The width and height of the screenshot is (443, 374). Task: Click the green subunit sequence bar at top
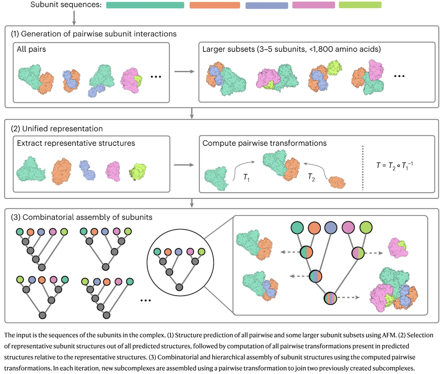[145, 5]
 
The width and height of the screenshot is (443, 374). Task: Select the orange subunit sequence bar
[215, 5]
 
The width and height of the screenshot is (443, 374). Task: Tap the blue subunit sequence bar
[266, 5]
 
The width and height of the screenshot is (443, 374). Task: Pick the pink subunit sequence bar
[314, 5]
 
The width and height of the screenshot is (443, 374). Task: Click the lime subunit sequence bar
[360, 5]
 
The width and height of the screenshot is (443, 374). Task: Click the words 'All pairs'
[31, 49]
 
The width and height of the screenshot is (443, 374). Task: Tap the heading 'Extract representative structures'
[76, 143]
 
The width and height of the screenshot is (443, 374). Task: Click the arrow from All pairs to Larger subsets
[184, 70]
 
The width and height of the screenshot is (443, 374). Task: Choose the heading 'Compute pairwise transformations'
[265, 143]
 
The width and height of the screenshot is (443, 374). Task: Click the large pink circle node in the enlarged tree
[348, 228]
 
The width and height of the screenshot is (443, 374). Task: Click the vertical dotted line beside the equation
[362, 168]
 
